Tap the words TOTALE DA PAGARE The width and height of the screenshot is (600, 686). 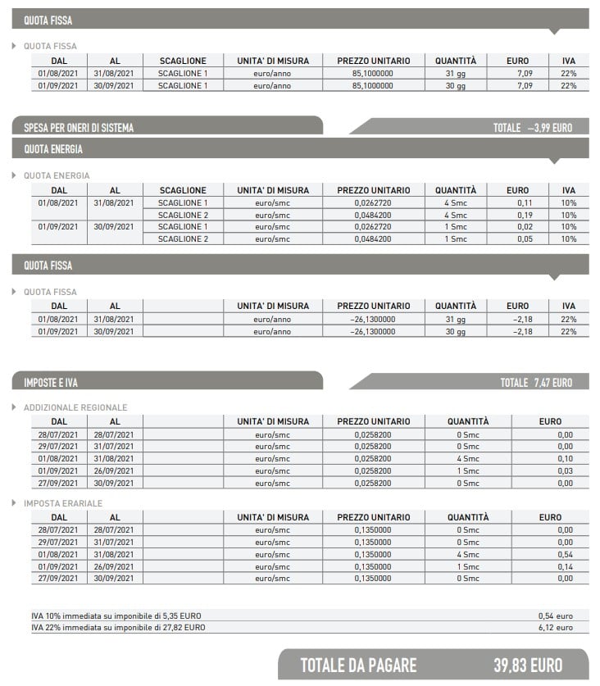tap(358, 665)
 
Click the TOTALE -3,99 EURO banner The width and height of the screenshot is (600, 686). tap(532, 128)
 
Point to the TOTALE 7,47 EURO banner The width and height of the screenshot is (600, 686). tap(536, 382)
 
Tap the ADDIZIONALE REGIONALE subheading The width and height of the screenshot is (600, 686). tap(75, 407)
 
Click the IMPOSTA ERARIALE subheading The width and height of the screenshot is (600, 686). tap(63, 503)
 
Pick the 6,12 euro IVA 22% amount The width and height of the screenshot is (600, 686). tap(555, 627)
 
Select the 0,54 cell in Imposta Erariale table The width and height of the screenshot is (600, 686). tap(564, 555)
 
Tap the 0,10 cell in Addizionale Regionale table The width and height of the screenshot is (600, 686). tap(564, 459)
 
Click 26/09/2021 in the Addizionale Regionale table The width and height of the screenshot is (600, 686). tap(115, 471)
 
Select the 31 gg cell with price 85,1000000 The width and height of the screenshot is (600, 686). tap(456, 73)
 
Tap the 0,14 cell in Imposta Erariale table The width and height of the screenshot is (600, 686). tap(564, 567)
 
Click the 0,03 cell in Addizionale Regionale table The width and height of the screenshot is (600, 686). tap(564, 471)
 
